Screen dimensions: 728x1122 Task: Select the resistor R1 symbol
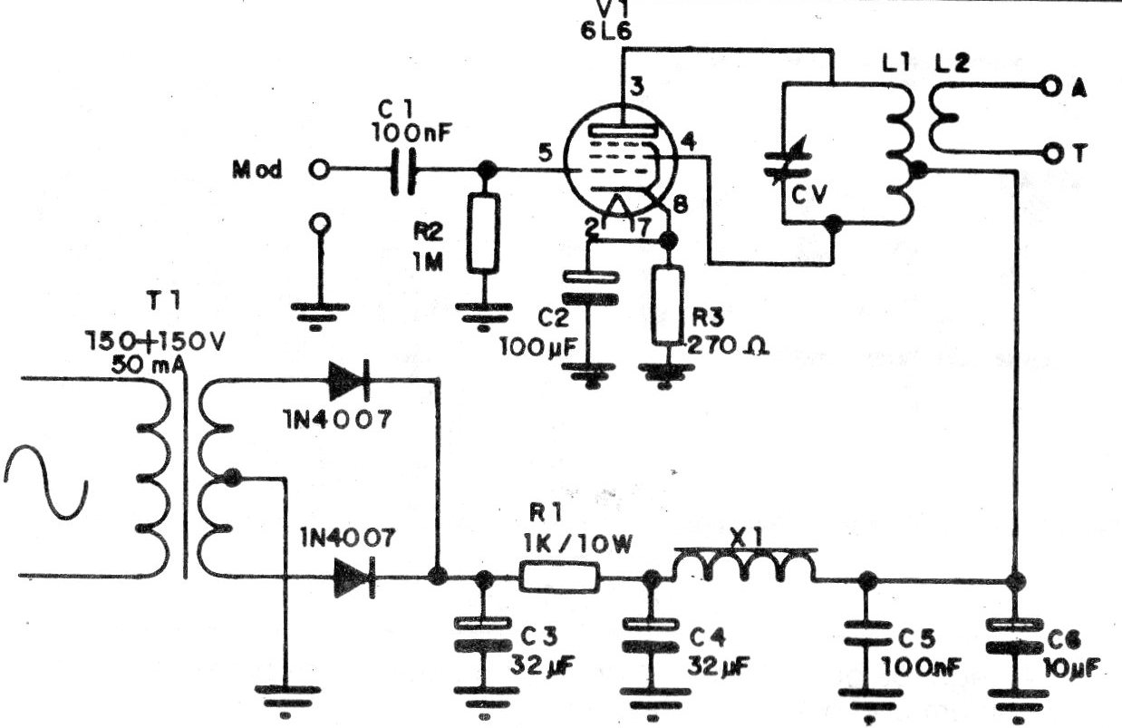(x=559, y=578)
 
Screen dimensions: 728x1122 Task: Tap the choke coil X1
(x=744, y=567)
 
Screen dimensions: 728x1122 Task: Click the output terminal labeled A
(x=1050, y=88)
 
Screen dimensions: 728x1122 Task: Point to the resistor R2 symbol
(x=486, y=232)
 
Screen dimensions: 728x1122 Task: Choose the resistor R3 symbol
(x=669, y=306)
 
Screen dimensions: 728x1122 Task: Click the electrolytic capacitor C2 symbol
(x=584, y=288)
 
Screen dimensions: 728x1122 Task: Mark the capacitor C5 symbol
(x=866, y=631)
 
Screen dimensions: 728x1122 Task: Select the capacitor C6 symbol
(x=1014, y=635)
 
